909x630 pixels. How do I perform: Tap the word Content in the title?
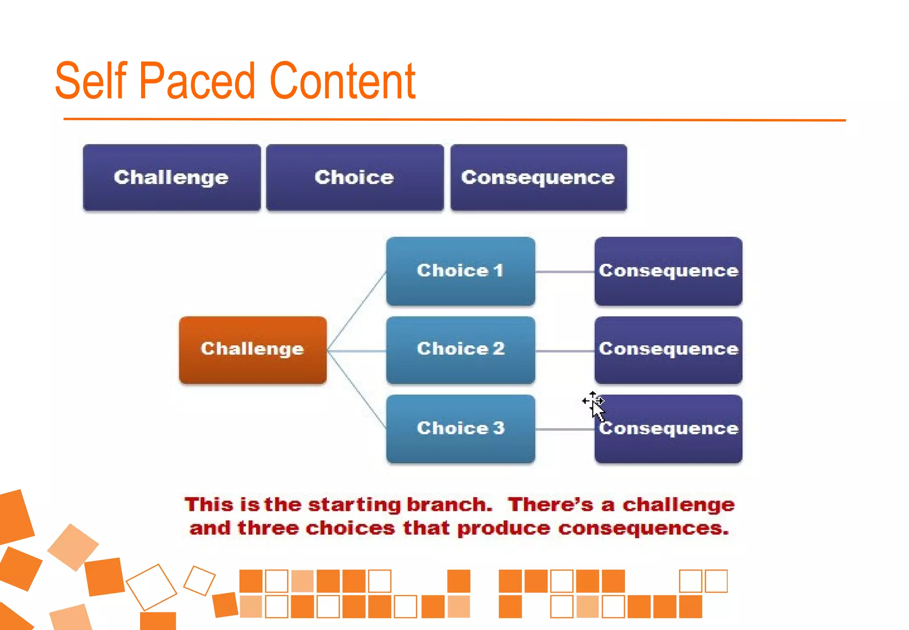tap(342, 81)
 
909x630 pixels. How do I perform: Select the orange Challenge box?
tap(253, 350)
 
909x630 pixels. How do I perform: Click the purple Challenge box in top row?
tap(171, 177)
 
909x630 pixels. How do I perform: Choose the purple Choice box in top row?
tap(354, 177)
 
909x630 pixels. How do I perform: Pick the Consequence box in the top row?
tap(538, 177)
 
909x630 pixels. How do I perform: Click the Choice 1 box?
tap(460, 271)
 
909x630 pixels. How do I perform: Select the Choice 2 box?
tap(460, 350)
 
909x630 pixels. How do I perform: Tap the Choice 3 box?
tap(460, 429)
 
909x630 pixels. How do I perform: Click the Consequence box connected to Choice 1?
tap(668, 271)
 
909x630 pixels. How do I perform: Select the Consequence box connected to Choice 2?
tap(668, 350)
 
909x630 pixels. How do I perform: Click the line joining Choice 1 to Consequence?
tap(565, 272)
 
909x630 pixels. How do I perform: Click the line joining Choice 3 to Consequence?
tap(565, 430)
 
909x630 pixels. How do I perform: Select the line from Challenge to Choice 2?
tap(356, 351)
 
